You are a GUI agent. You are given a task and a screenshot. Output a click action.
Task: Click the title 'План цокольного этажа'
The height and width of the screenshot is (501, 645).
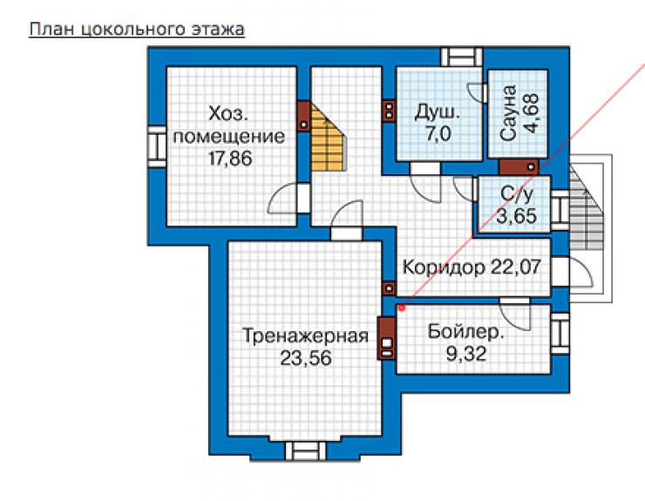pyautogui.click(x=137, y=30)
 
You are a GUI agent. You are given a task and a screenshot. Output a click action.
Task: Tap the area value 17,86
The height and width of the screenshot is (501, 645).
pyautogui.click(x=230, y=159)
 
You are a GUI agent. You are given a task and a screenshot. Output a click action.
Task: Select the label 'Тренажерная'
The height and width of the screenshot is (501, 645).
pyautogui.click(x=305, y=336)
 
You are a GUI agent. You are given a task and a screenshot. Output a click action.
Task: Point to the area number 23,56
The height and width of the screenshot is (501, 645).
pyautogui.click(x=306, y=358)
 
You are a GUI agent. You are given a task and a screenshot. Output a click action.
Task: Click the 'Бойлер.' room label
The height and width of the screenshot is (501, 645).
pyautogui.click(x=465, y=332)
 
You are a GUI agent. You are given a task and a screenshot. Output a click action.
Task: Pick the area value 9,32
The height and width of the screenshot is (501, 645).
pyautogui.click(x=466, y=354)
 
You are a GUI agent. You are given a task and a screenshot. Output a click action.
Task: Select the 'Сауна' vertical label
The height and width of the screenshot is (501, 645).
pyautogui.click(x=508, y=113)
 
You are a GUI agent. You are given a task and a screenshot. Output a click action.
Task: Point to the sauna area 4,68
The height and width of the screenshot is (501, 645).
pyautogui.click(x=531, y=113)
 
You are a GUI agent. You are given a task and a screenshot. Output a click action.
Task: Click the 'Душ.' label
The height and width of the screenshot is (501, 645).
pyautogui.click(x=437, y=112)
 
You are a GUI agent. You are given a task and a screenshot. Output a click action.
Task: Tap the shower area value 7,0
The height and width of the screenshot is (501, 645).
pyautogui.click(x=438, y=134)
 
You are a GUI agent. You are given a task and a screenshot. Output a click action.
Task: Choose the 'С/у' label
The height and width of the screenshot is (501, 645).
pyautogui.click(x=516, y=193)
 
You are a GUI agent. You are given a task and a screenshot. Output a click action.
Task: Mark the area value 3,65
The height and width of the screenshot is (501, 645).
pyautogui.click(x=516, y=215)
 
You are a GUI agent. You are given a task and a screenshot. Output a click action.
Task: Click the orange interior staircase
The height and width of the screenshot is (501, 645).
pyautogui.click(x=327, y=139)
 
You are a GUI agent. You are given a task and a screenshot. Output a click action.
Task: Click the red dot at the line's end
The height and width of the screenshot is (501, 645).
pyautogui.click(x=402, y=308)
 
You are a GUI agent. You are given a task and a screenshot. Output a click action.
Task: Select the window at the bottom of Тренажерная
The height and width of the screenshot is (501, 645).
pyautogui.click(x=306, y=451)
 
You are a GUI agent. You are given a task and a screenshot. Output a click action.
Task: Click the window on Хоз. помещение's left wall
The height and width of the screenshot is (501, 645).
pyautogui.click(x=157, y=146)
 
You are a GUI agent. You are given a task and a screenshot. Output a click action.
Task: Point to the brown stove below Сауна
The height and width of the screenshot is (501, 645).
pyautogui.click(x=519, y=166)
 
